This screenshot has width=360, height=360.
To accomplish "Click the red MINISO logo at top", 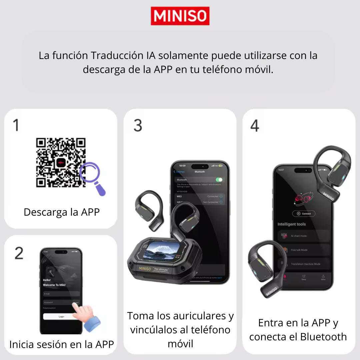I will (180, 16).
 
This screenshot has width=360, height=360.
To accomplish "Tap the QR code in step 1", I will (61, 163).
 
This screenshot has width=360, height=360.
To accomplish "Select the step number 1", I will (16, 125).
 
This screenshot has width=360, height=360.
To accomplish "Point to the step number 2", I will (19, 253).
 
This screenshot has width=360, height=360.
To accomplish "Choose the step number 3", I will (138, 125).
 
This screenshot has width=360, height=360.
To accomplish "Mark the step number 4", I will (255, 125).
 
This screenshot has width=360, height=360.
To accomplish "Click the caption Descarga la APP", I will (62, 212).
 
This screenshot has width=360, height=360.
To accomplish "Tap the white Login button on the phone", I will (61, 317).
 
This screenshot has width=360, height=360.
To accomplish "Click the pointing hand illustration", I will (86, 317).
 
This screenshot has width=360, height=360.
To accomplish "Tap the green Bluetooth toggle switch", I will (219, 180).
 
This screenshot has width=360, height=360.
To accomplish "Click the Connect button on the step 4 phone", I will (304, 214).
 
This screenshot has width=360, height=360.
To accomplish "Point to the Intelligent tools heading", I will (291, 224).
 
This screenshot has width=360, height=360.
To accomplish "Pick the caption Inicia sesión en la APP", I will (62, 344).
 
